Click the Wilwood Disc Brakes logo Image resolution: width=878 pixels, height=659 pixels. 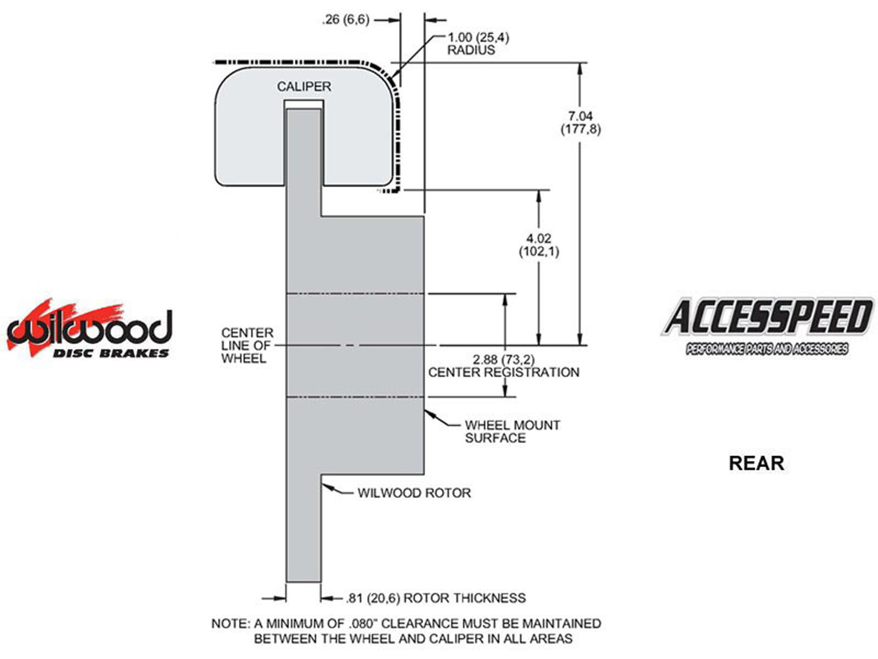click(89, 329)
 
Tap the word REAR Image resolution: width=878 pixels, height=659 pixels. click(756, 463)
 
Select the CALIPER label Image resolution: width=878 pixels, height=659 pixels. click(303, 87)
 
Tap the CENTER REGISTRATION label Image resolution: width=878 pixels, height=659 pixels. click(503, 372)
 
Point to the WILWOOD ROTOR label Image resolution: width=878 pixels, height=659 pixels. click(414, 493)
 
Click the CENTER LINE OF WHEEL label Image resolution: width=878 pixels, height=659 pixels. click(247, 345)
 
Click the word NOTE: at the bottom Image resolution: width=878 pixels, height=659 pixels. click(230, 624)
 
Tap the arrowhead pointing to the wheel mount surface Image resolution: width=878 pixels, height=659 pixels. click(429, 414)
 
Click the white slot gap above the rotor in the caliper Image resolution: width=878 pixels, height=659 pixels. click(303, 104)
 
